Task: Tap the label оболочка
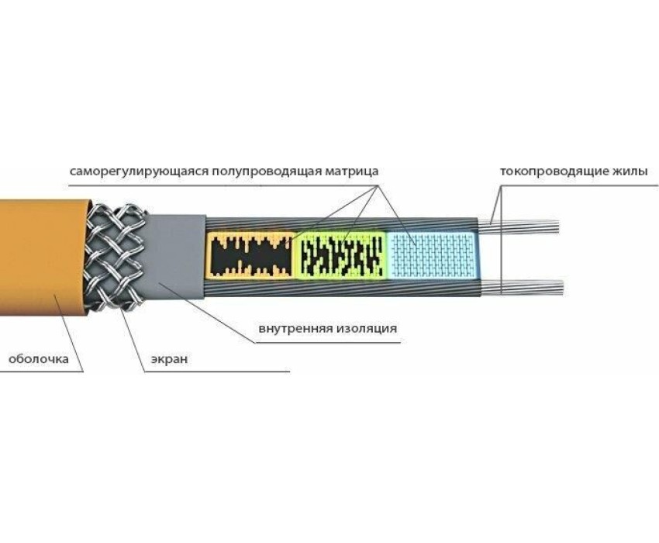[x=38, y=359]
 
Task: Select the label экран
[x=164, y=359]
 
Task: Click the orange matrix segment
[x=252, y=254]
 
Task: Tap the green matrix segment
[x=341, y=254]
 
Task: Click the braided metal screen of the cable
[x=116, y=256]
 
